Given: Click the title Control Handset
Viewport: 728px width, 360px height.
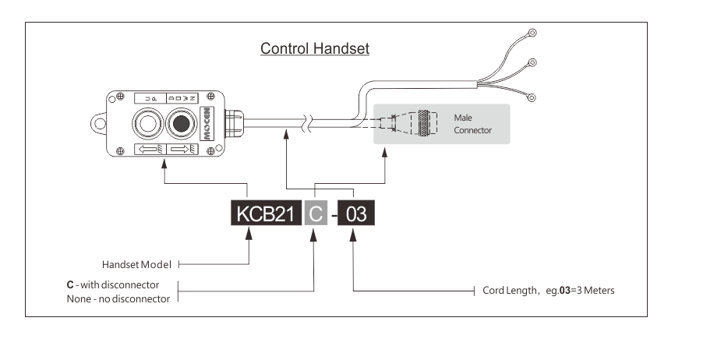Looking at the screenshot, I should point(314,49).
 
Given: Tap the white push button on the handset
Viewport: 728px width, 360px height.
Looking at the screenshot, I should point(147,122).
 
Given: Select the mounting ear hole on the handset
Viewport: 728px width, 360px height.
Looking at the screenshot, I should point(99,122).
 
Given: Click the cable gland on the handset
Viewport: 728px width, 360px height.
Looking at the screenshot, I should point(232,121).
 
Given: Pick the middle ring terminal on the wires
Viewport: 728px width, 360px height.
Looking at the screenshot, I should point(532,62).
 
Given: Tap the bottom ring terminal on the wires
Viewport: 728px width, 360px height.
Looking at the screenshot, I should point(532,98).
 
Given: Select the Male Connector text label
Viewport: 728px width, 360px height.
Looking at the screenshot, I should point(472,124).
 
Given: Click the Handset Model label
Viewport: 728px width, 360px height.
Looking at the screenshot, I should point(136,264).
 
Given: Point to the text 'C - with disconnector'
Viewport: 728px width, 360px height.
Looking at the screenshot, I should point(112,284).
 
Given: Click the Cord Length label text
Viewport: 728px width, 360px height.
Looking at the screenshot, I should point(548,291).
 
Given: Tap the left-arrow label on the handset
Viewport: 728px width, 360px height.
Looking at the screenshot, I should point(148,149).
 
